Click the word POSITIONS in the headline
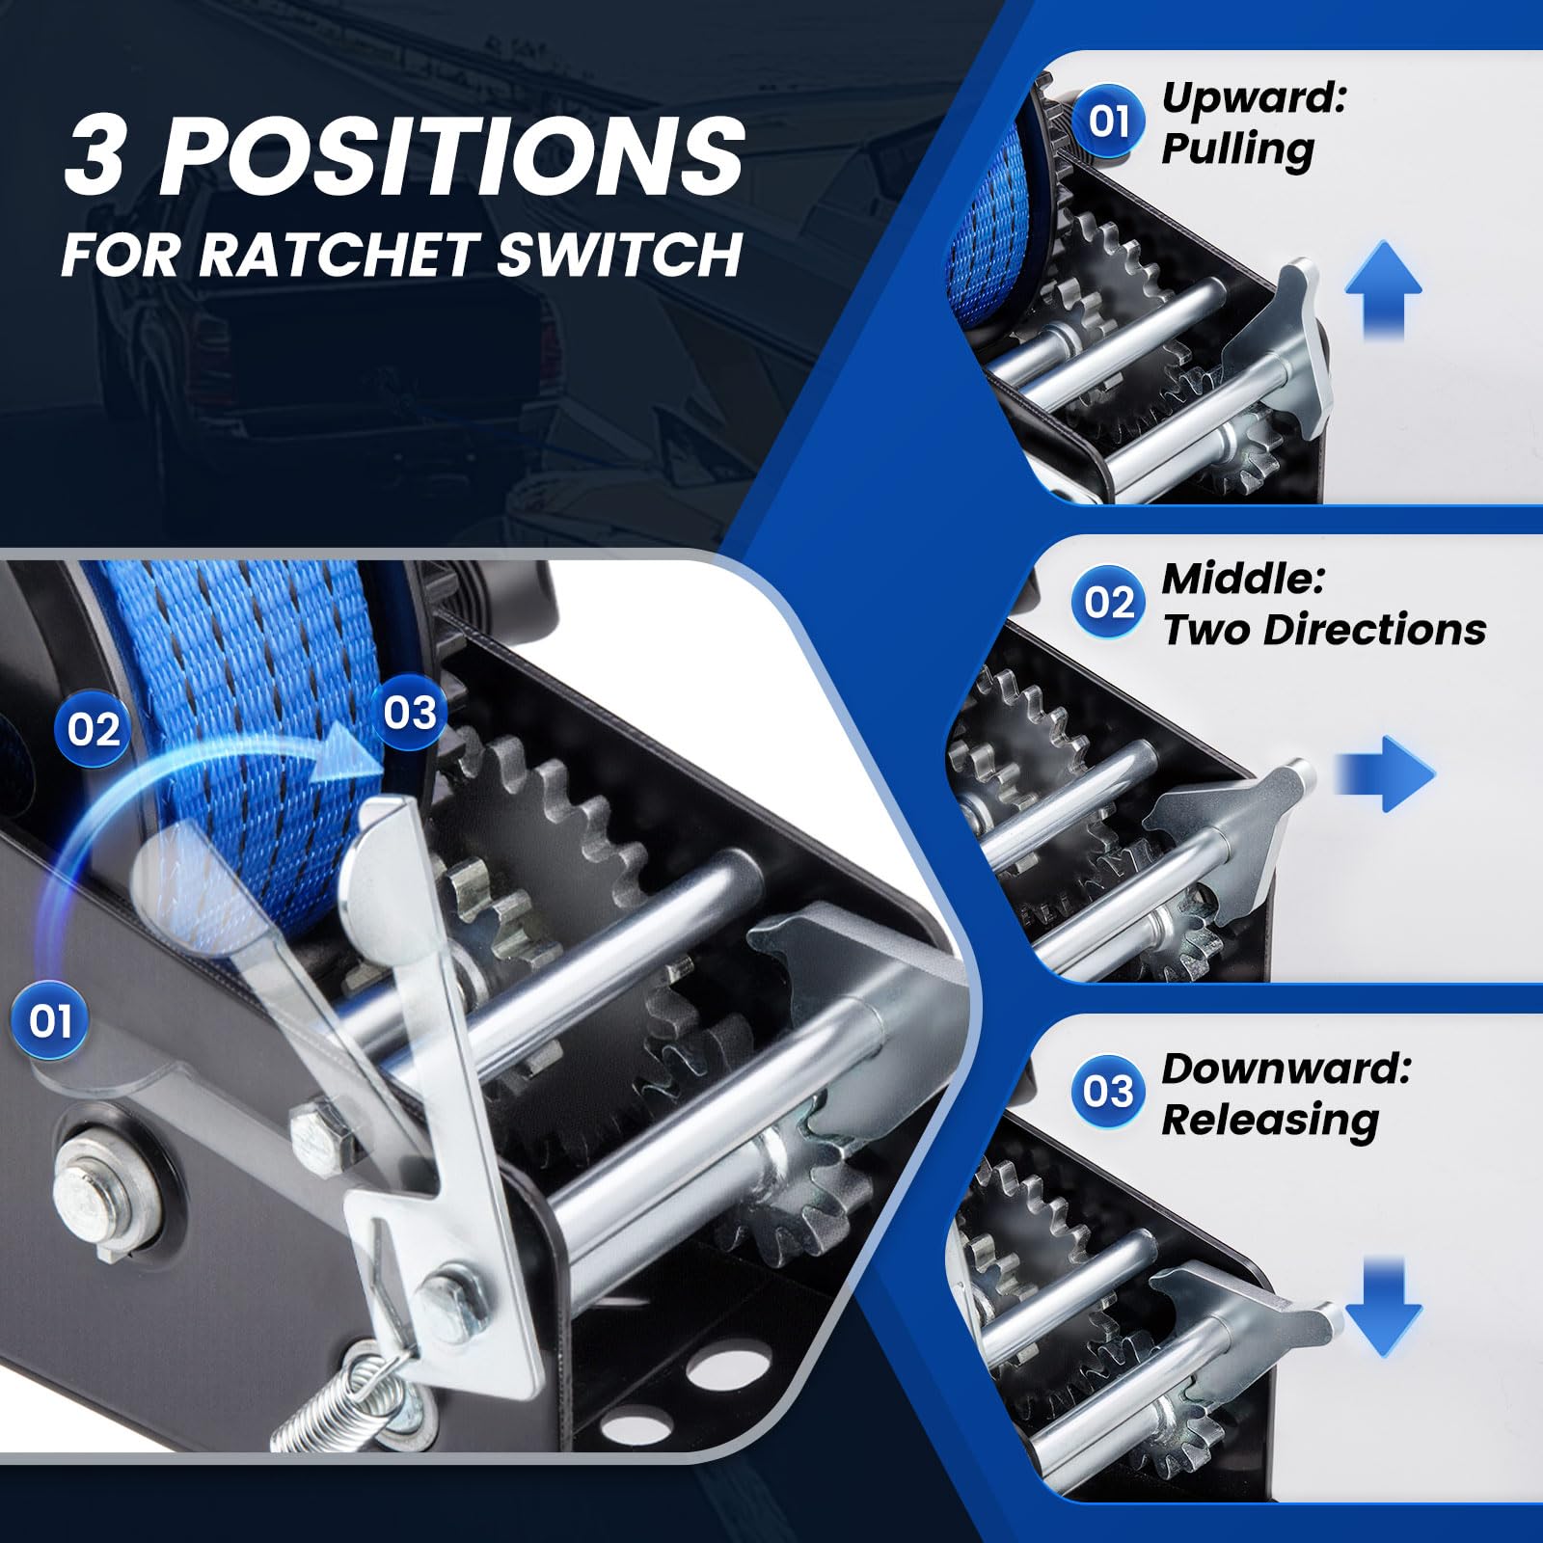pos(452,154)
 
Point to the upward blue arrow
pos(1384,288)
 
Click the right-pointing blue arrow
pos(1385,773)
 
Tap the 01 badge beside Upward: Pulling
pos(1109,122)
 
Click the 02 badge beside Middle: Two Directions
pos(1109,603)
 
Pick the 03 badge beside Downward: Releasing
pos(1109,1092)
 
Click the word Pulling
pos(1237,150)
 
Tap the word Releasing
pos(1270,1121)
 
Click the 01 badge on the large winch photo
pos(50,1021)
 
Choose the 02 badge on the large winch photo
pos(94,730)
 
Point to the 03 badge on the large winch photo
pos(410,714)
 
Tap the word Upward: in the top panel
pos(1253,98)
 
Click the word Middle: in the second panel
pos(1243,579)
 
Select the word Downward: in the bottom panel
pos(1286,1069)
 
